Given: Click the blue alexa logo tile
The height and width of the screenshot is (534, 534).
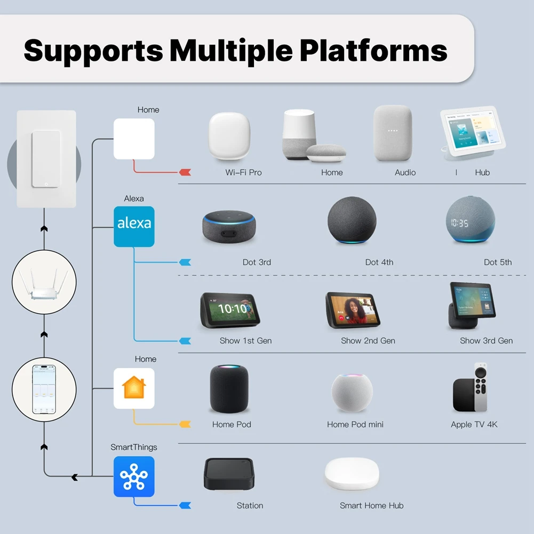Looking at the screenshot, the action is pyautogui.click(x=134, y=227).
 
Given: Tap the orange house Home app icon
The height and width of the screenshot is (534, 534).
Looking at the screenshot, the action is pyautogui.click(x=134, y=388).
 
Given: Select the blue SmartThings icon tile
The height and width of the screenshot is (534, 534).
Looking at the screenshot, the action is pyautogui.click(x=134, y=476).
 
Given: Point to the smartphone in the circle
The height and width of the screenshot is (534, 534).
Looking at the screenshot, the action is pyautogui.click(x=44, y=389).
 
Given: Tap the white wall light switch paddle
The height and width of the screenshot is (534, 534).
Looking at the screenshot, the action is pyautogui.click(x=46, y=159).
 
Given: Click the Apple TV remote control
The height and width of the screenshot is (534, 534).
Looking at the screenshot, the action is pyautogui.click(x=481, y=387).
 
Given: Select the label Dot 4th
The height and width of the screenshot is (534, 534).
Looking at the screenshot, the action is pyautogui.click(x=379, y=262).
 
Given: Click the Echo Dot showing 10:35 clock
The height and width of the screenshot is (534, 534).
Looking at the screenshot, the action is pyautogui.click(x=471, y=220).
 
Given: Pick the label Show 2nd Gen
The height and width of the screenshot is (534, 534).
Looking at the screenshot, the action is pyautogui.click(x=368, y=340).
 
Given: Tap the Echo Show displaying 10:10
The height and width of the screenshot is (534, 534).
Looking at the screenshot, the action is pyautogui.click(x=230, y=310).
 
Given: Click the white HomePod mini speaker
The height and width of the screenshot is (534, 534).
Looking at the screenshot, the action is pyautogui.click(x=352, y=392).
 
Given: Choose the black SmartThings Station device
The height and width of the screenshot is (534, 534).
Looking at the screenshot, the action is pyautogui.click(x=229, y=474).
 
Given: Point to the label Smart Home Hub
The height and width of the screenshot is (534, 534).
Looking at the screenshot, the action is pyautogui.click(x=371, y=505).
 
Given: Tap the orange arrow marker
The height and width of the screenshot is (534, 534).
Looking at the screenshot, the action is pyautogui.click(x=185, y=424).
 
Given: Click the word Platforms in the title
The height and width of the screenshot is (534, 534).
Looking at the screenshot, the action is pyautogui.click(x=373, y=50).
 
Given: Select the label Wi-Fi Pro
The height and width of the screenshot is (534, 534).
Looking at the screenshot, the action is pyautogui.click(x=243, y=172).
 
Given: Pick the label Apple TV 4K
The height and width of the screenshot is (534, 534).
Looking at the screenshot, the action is pyautogui.click(x=474, y=424).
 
